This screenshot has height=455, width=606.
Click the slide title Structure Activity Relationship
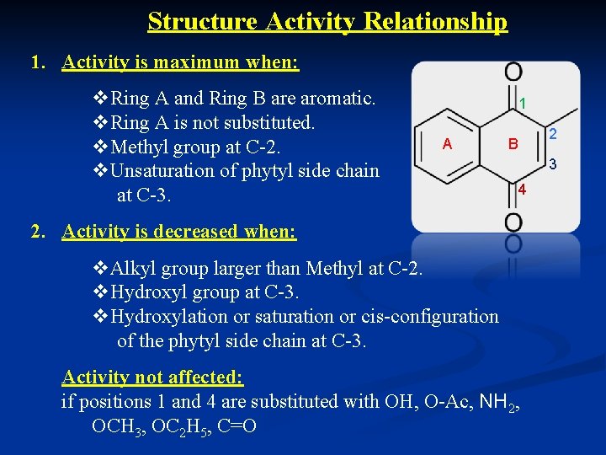327,21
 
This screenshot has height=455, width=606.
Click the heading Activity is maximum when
180,62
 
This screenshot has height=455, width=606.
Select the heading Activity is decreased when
179,231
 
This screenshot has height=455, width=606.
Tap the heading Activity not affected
152,377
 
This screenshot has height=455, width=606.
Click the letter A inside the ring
447,144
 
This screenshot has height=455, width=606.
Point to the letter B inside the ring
512,144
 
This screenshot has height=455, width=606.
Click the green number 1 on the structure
524,104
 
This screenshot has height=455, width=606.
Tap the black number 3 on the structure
553,165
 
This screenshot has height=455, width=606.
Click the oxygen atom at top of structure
513,72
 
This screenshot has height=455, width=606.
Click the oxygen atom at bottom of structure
513,221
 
